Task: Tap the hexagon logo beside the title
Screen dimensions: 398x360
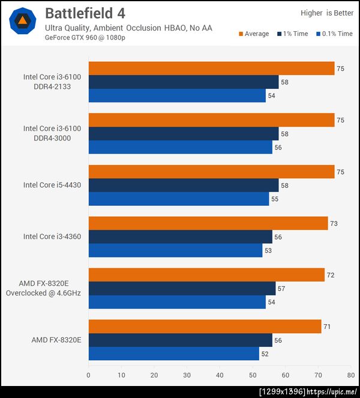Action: pos(23,21)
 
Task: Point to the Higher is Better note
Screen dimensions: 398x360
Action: pos(326,13)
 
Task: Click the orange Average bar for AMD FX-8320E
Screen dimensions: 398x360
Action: pos(204,327)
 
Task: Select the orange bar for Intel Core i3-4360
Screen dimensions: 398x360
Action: pos(208,223)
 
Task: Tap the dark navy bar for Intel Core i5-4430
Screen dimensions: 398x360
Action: pos(183,185)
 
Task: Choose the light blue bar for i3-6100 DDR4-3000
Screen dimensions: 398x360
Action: pos(180,147)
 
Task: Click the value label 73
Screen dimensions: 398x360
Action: pos(334,223)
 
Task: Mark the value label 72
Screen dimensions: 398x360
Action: pos(331,275)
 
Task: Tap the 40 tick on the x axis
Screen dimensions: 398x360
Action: pos(220,376)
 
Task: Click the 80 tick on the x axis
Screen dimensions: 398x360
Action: pos(350,376)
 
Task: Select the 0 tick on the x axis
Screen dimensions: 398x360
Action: pos(89,376)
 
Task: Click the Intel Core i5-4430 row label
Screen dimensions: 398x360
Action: pos(52,185)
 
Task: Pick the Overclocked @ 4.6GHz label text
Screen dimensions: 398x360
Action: pos(43,293)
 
